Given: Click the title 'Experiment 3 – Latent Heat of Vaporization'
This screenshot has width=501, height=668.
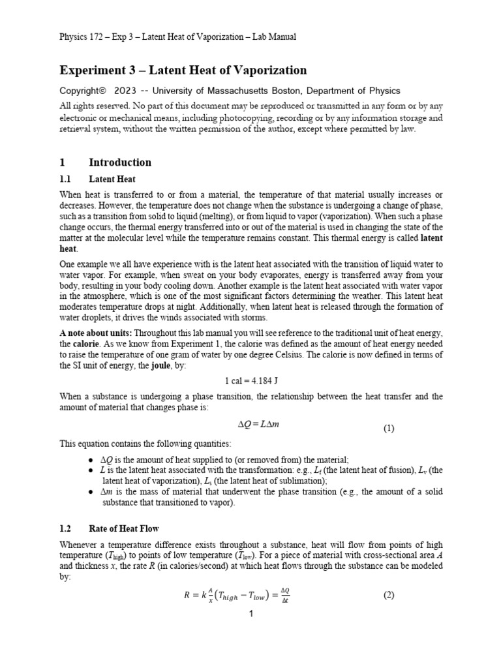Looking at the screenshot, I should click(183, 70).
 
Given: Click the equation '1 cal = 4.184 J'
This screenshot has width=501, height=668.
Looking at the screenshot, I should click(251, 380).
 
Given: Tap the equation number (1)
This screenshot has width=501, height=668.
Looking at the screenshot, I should click(389, 429).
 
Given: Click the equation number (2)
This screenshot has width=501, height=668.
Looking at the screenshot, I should click(389, 595).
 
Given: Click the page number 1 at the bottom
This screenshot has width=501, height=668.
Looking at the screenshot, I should click(251, 614).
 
